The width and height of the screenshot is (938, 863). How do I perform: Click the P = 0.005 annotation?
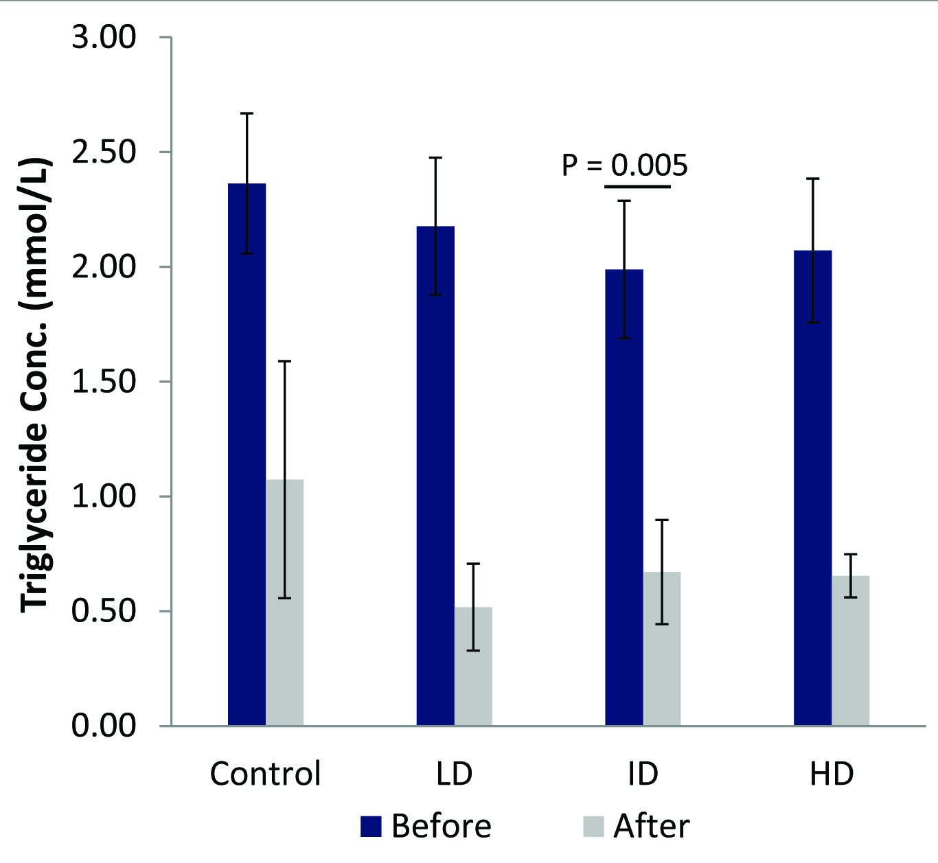point(624,165)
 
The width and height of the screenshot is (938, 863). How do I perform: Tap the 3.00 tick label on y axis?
point(104,38)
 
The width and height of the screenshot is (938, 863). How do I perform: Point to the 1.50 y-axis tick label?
point(104,382)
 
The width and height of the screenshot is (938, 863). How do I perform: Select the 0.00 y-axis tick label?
point(104,726)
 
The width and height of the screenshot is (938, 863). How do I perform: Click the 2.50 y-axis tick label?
point(104,152)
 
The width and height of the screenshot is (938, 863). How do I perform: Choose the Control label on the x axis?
point(266,774)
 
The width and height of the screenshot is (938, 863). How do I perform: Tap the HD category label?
point(832,774)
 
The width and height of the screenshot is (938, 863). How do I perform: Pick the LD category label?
point(455,774)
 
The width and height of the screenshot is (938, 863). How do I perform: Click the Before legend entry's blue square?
point(371,827)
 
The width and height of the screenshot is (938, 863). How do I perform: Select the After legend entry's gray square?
point(593,827)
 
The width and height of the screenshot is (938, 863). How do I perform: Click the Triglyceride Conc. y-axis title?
point(36,384)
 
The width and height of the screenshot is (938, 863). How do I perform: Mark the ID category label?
point(643,774)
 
